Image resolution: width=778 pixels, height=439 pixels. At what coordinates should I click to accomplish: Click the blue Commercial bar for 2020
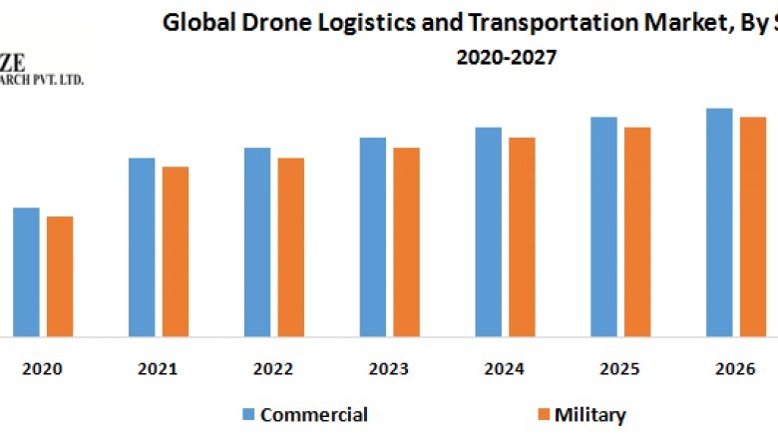coord(26,271)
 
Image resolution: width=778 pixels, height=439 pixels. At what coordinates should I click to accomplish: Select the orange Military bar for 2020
coord(60,276)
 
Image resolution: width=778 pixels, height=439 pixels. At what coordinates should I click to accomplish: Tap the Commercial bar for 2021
coord(142,246)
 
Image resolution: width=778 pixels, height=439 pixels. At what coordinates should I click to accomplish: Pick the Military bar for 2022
coord(291,246)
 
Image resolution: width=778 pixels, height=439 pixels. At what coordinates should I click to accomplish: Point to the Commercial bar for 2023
coord(372,236)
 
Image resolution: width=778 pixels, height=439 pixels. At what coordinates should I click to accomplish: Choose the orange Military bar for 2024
coord(522,236)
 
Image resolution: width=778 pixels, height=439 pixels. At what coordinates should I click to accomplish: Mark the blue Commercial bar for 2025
coord(603,226)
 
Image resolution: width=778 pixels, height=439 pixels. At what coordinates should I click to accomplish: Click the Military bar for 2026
coord(752,226)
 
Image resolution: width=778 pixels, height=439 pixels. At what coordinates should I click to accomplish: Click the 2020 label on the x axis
coord(42,369)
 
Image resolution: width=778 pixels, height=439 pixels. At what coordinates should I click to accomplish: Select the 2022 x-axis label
coord(273,369)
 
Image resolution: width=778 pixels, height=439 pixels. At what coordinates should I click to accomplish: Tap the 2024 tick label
coord(505,369)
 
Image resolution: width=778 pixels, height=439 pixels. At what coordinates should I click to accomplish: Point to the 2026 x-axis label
coord(736,369)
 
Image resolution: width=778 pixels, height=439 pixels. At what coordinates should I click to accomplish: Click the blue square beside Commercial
coord(248,415)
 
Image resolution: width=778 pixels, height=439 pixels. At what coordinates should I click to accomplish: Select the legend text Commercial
coord(314,415)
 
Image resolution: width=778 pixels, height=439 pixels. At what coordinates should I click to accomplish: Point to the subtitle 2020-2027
coord(507,57)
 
